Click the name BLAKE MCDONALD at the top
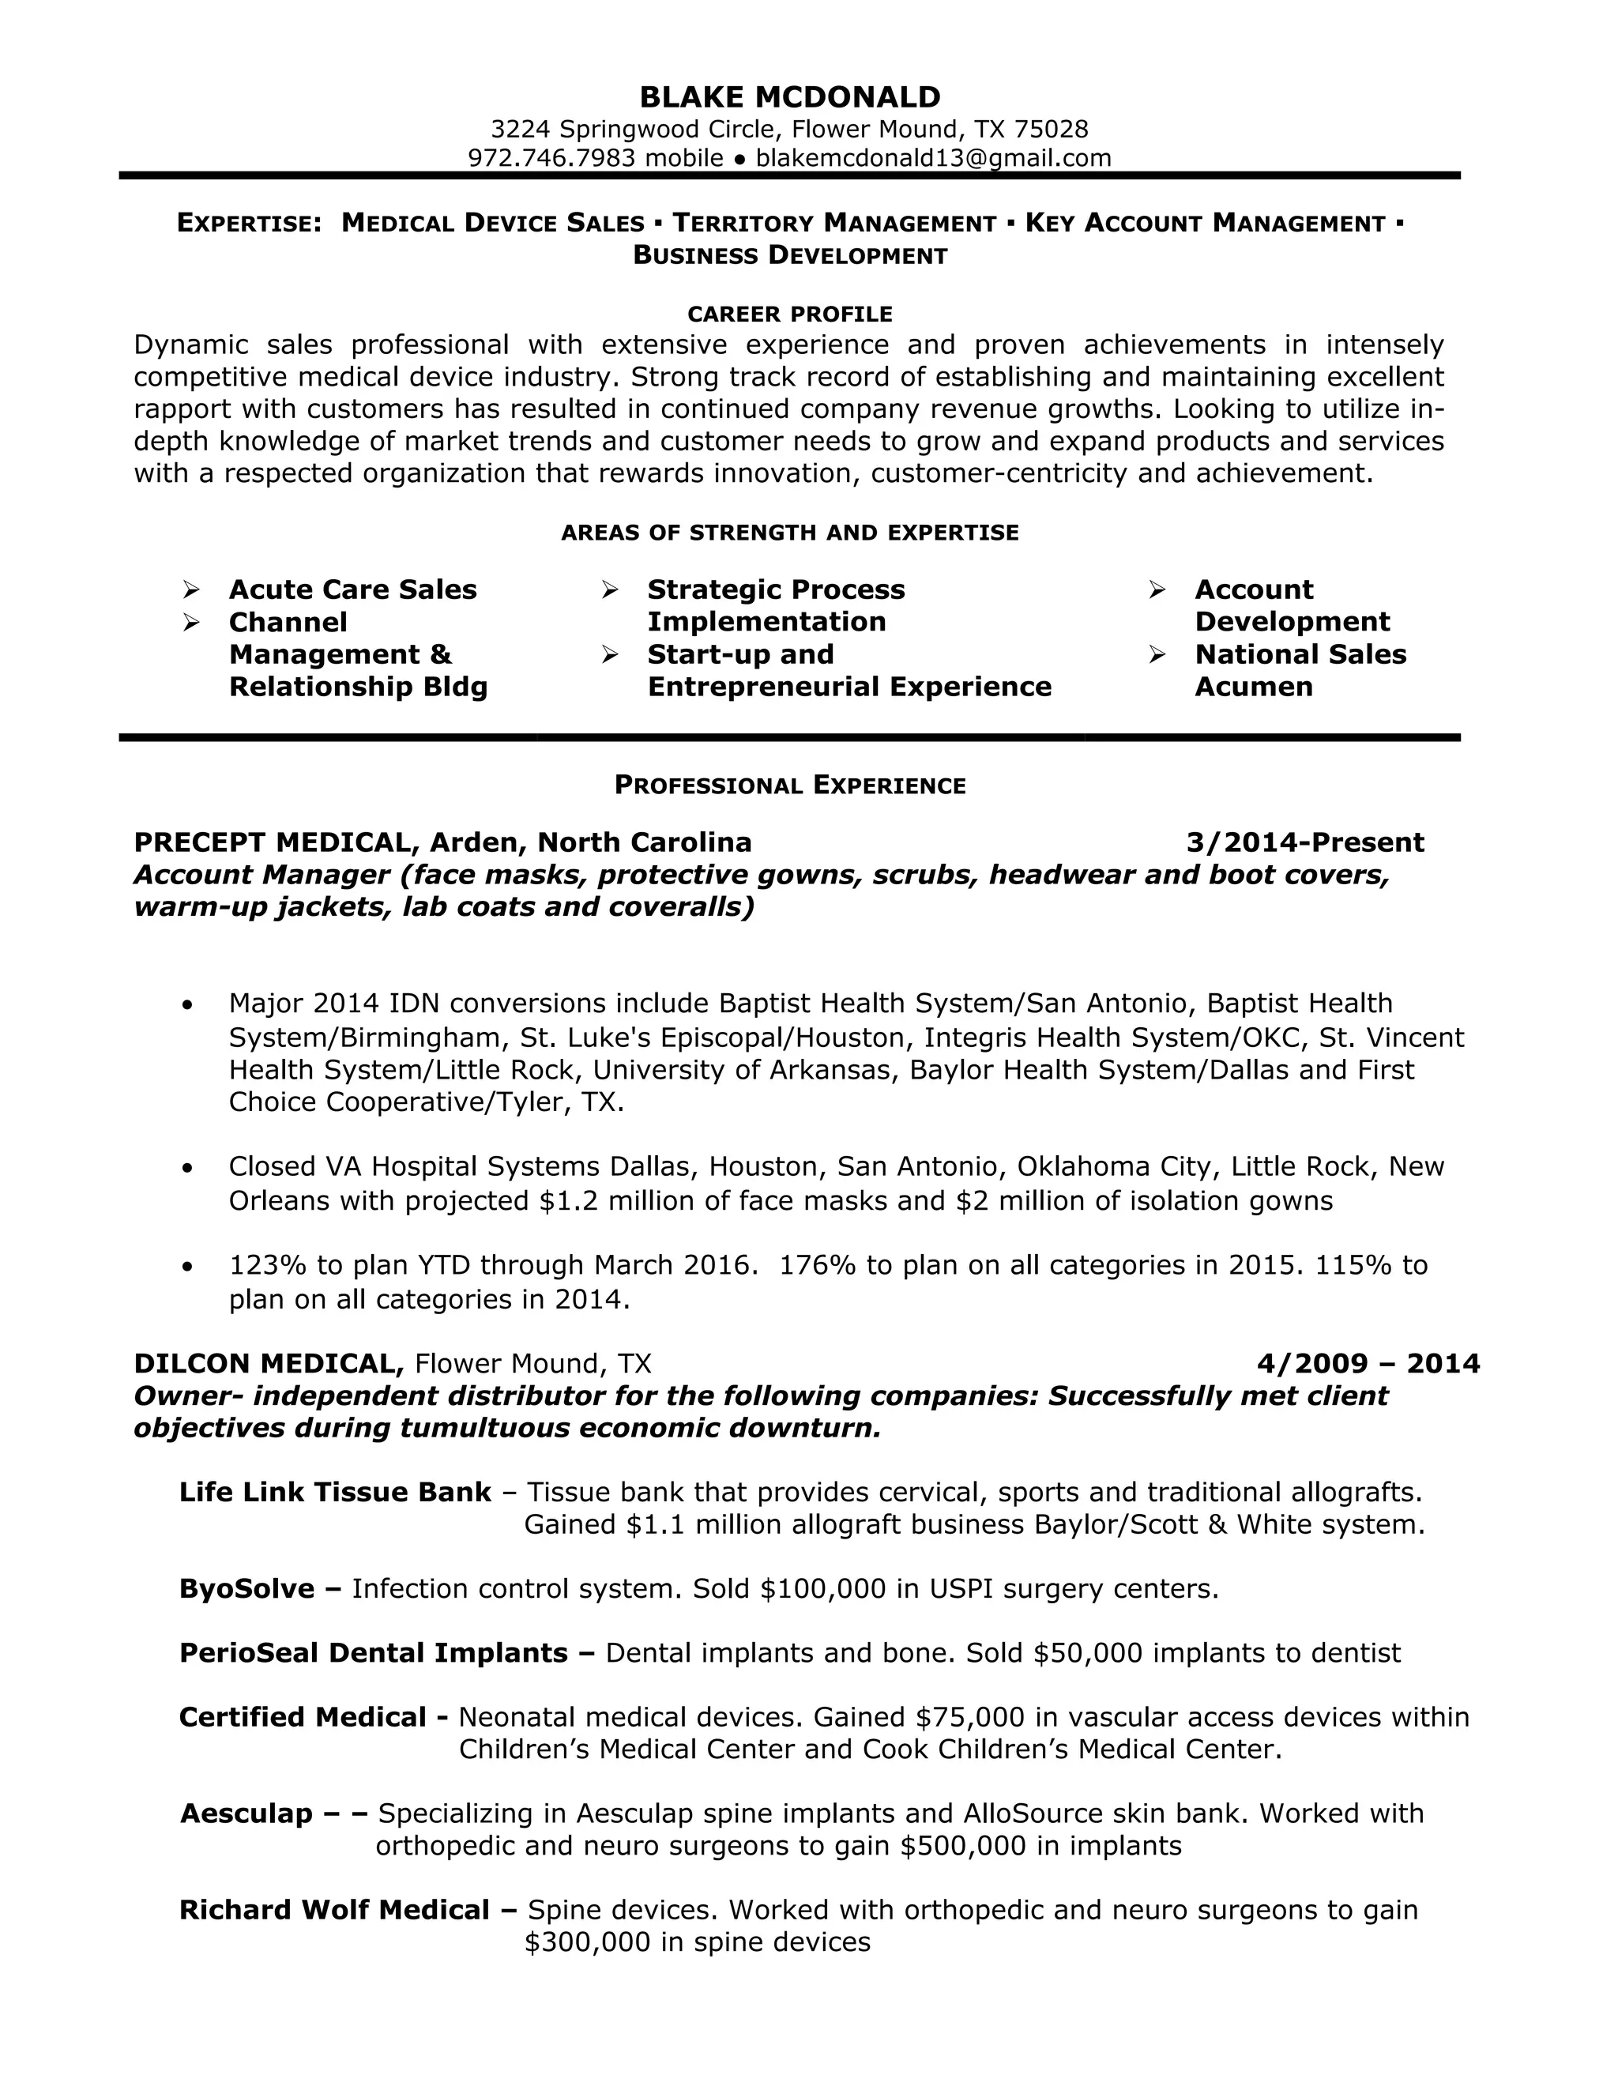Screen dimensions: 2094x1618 click(x=790, y=98)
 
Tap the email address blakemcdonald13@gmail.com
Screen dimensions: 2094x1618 click(x=933, y=158)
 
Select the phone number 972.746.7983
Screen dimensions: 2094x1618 click(x=551, y=158)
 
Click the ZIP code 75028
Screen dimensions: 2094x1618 click(x=1051, y=130)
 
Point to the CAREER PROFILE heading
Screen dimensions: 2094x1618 click(x=790, y=314)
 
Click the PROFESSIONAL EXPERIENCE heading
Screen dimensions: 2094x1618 click(x=790, y=785)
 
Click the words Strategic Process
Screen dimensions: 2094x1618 click(x=776, y=589)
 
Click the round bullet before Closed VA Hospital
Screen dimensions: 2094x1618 click(x=188, y=1168)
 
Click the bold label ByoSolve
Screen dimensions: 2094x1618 click(x=246, y=1589)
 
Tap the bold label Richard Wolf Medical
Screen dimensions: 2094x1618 click(x=334, y=1910)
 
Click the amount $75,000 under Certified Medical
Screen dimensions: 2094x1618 click(x=969, y=1717)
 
